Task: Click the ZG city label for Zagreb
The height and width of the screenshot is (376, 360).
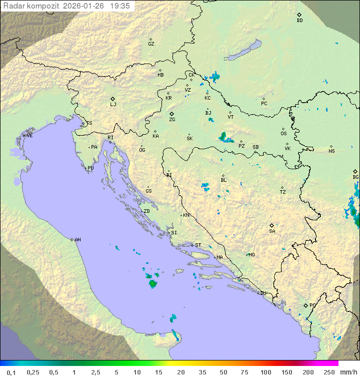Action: [172, 120]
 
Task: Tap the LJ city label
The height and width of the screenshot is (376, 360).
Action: [113, 105]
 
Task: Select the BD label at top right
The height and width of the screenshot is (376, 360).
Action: [299, 21]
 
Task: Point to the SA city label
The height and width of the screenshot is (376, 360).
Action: [272, 231]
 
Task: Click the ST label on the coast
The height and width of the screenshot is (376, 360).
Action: [198, 245]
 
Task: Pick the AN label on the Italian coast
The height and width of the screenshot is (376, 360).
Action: [77, 240]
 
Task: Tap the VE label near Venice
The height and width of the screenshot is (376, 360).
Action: [29, 136]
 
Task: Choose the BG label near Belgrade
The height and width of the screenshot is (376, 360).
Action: [355, 177]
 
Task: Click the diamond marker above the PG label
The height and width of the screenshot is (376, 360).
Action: [305, 305]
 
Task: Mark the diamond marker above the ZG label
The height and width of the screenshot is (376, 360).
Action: [171, 114]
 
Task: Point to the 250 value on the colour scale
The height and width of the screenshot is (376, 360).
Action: [329, 372]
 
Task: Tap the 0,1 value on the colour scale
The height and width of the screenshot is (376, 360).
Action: [11, 372]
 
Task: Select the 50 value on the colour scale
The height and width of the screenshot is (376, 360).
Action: [223, 372]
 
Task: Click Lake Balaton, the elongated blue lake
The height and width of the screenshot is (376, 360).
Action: [242, 51]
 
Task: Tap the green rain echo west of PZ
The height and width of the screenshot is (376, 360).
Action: [223, 137]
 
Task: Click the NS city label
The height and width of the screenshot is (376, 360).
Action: [331, 151]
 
